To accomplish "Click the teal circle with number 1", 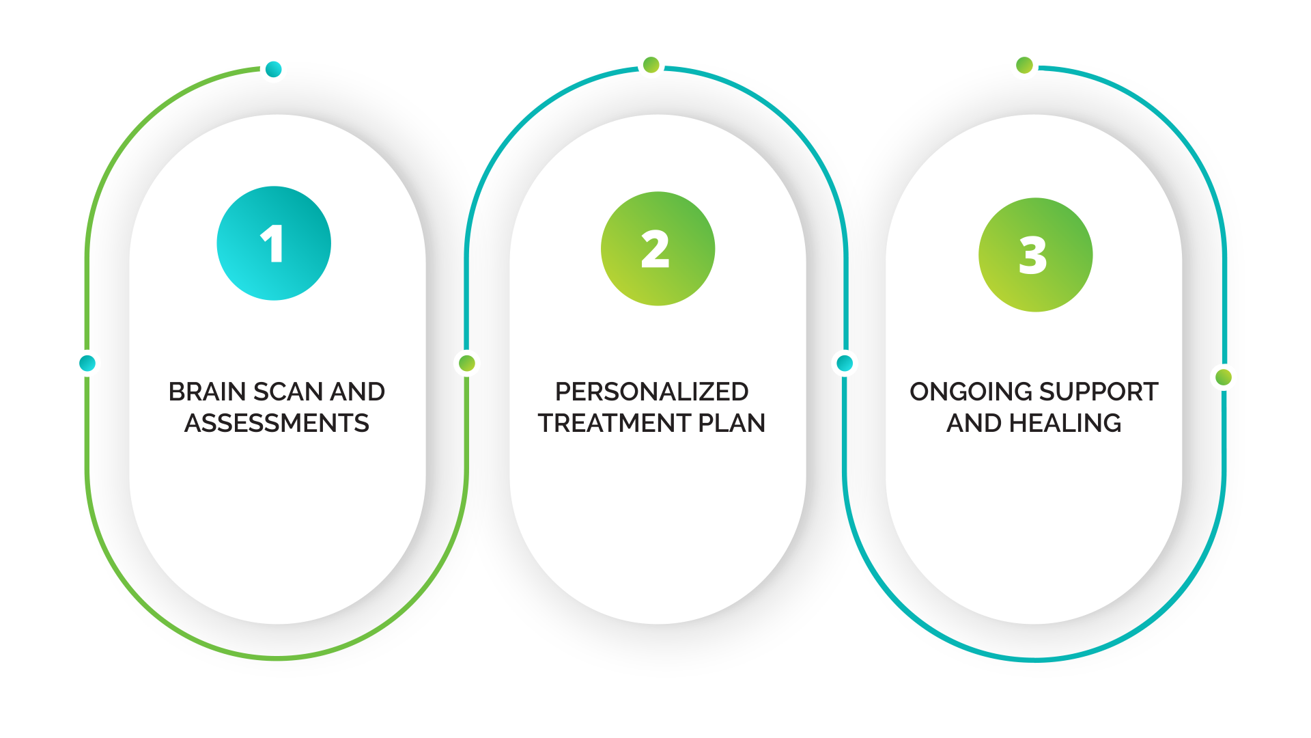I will [x=274, y=243].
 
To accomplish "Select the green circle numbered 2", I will [x=658, y=249].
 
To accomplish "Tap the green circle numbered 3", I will [x=1035, y=255].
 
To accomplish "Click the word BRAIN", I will [x=207, y=392].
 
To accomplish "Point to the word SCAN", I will [x=287, y=392].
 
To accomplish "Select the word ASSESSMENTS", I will [x=277, y=424].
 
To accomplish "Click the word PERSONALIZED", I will [x=651, y=392].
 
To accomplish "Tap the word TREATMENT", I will [x=614, y=424].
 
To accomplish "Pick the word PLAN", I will [x=732, y=424].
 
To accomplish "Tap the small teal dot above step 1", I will [x=274, y=69].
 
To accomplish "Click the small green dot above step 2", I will [x=651, y=65].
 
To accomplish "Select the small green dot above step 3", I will [x=1024, y=66].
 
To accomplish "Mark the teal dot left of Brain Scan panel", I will [x=87, y=363].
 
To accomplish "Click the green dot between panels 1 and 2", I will [x=467, y=363].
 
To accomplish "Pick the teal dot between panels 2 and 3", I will [x=845, y=363].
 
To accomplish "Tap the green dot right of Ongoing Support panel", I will [x=1224, y=377].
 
